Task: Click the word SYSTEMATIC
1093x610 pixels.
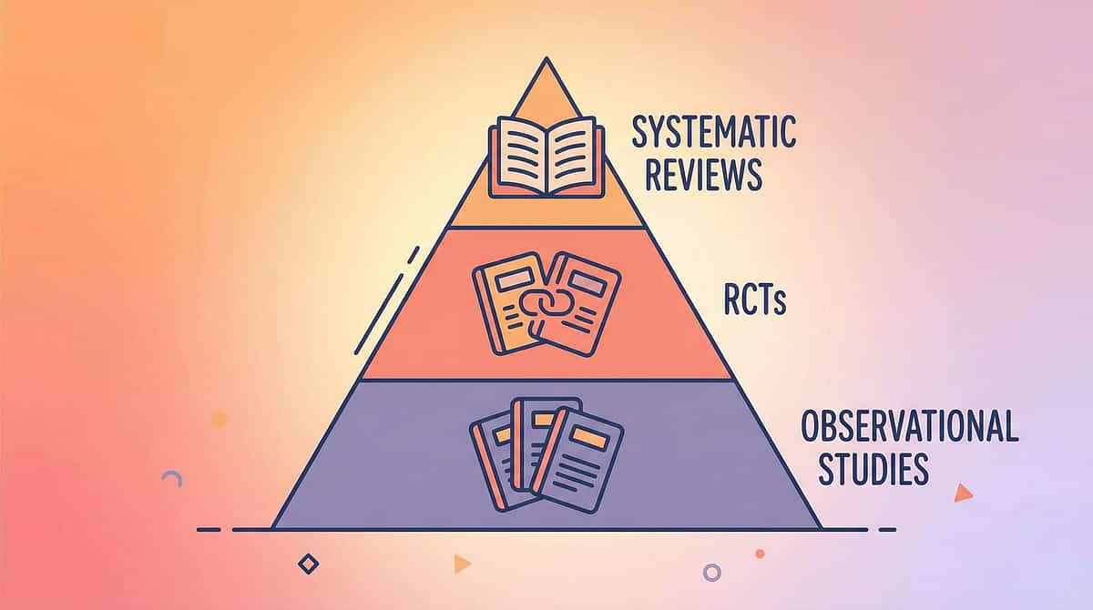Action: click(x=714, y=133)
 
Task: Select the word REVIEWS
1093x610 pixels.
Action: click(x=703, y=175)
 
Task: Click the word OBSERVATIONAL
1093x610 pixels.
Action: click(x=908, y=426)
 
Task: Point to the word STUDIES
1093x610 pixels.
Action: click(x=873, y=470)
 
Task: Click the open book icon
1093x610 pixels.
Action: click(x=546, y=157)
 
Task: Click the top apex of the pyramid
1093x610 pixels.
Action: click(x=546, y=59)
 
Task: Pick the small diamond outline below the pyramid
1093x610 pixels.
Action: click(x=309, y=564)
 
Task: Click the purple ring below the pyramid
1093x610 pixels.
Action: click(x=712, y=573)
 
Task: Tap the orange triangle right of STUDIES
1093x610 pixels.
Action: click(x=962, y=493)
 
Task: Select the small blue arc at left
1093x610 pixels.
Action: click(x=171, y=477)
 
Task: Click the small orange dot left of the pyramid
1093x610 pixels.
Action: click(x=219, y=419)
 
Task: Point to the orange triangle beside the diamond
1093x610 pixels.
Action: click(x=462, y=564)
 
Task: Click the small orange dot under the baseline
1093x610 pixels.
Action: click(x=760, y=553)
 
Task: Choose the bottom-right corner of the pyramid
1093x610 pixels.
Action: click(x=820, y=528)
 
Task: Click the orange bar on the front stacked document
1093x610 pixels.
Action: click(x=589, y=438)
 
